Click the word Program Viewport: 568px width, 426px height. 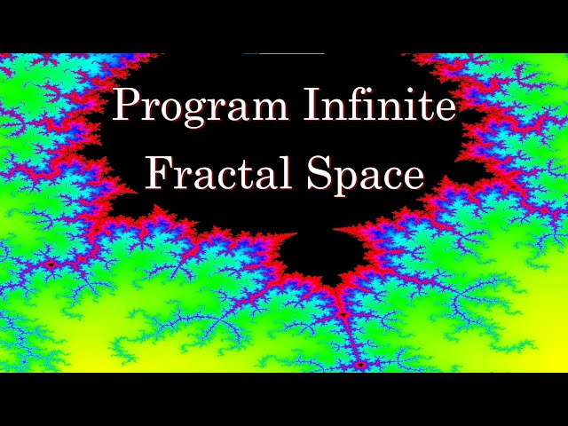200,107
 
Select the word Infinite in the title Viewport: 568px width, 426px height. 379,105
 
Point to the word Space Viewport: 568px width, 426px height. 366,177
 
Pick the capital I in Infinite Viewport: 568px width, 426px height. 312,104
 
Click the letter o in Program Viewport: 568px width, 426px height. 171,109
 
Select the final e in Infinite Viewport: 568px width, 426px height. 445,109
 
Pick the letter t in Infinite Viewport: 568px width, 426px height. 424,106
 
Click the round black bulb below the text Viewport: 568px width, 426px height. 321,256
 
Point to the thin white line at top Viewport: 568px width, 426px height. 284,53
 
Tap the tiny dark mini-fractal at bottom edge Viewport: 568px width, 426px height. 359,366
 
